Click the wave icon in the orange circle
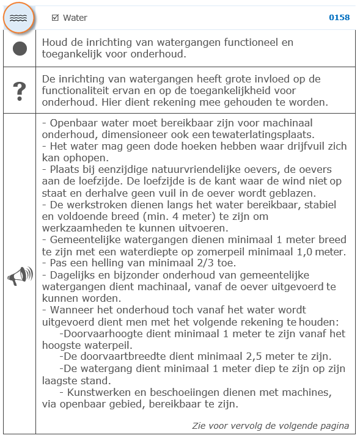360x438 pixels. (20, 18)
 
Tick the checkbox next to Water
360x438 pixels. (55, 18)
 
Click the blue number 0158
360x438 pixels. (339, 18)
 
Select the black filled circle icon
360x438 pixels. (20, 48)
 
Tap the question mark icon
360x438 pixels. (20, 90)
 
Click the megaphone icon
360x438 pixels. (20, 277)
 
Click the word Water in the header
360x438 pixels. (75, 18)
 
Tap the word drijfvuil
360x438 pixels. (290, 147)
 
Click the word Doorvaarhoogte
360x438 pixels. (101, 334)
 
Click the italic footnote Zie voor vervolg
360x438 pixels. (271, 426)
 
